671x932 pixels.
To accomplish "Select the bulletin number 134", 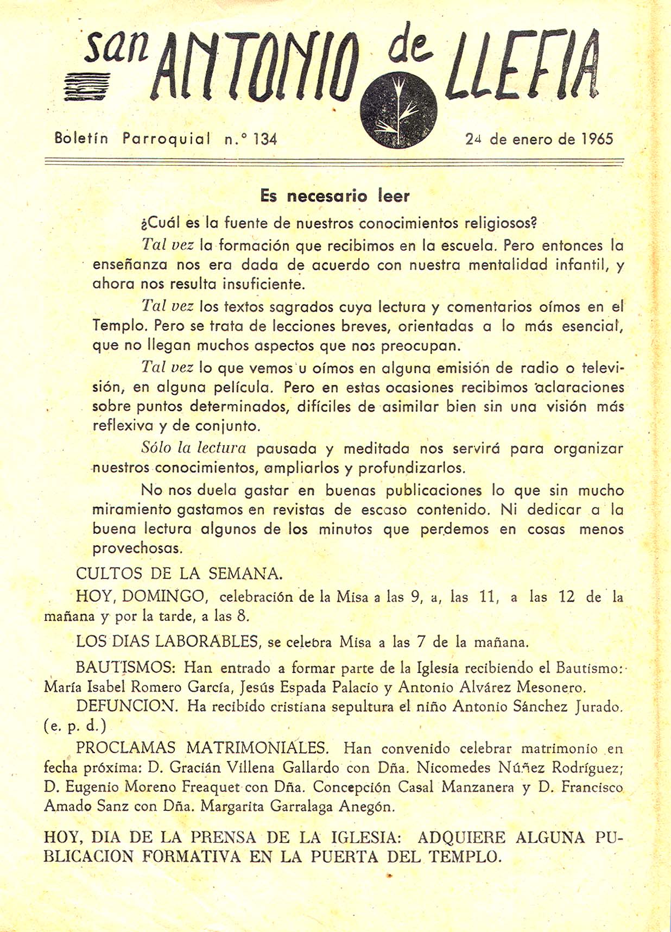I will pyautogui.click(x=265, y=140).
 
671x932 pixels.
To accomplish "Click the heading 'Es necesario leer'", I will pyautogui.click(x=334, y=196).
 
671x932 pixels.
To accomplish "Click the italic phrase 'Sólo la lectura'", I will pyautogui.click(x=193, y=448).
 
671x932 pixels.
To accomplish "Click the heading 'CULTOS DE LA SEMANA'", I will pyautogui.click(x=179, y=574).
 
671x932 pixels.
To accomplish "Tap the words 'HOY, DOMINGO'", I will pyautogui.click(x=142, y=596).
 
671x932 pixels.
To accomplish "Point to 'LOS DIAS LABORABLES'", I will pyautogui.click(x=167, y=641).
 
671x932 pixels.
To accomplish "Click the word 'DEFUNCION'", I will pyautogui.click(x=127, y=706).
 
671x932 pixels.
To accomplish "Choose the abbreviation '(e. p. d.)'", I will pyautogui.click(x=75, y=726).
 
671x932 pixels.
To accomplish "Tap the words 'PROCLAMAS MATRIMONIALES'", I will pyautogui.click(x=202, y=748).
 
